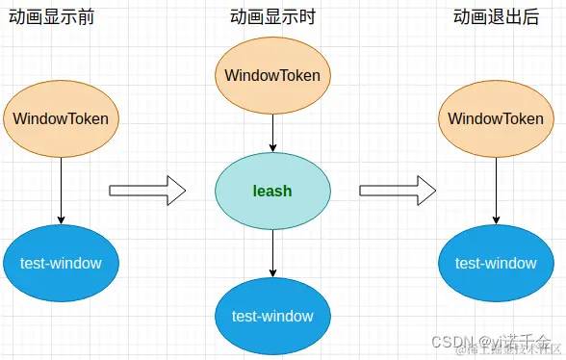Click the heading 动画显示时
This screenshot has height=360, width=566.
(x=272, y=17)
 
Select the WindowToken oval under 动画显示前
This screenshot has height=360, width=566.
(x=61, y=119)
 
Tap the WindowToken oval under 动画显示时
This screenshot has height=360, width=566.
(x=272, y=75)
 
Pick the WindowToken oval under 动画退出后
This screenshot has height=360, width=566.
(x=496, y=119)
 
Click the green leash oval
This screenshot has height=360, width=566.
(x=272, y=191)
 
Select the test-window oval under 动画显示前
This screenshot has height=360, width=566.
(x=61, y=263)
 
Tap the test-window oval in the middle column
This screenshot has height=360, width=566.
(x=272, y=316)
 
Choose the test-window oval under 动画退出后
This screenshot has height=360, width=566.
(x=496, y=263)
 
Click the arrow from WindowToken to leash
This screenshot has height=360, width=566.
(x=272, y=131)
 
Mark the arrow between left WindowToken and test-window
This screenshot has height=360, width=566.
(x=61, y=191)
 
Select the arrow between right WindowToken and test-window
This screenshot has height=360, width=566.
(x=496, y=191)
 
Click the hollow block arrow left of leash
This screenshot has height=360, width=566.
(x=146, y=190)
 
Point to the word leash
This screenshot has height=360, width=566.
(x=272, y=191)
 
